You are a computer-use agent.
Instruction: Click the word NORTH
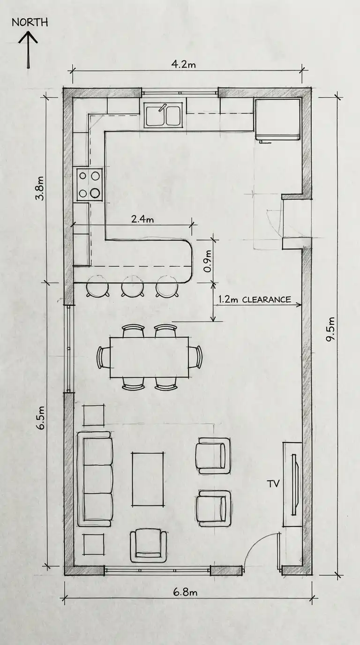[x=30, y=22]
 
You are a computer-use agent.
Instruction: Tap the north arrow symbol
[x=28, y=50]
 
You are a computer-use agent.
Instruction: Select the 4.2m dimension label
[x=183, y=64]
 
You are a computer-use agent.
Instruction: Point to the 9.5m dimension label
[x=330, y=329]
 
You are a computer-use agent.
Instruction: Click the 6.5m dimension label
[x=41, y=418]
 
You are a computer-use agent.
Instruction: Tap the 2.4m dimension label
[x=142, y=219]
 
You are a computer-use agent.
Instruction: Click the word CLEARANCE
[x=266, y=300]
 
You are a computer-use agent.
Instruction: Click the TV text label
[x=273, y=483]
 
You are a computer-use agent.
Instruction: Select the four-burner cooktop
[x=89, y=184]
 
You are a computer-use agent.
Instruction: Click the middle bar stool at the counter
[x=133, y=286]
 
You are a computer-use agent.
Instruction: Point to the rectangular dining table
[x=150, y=357]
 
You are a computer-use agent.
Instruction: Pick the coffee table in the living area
[x=148, y=479]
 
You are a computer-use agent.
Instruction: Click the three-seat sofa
[x=95, y=479]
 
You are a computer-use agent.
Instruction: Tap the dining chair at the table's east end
[x=195, y=357]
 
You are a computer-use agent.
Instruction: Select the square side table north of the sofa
[x=94, y=415]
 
